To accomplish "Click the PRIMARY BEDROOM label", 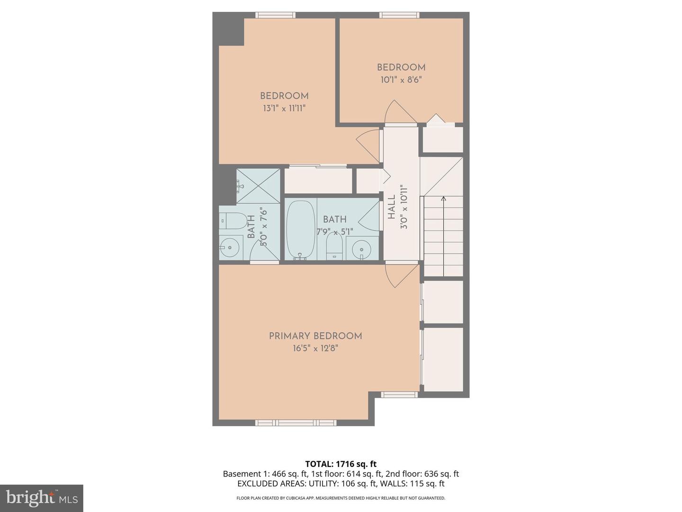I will click(x=315, y=336).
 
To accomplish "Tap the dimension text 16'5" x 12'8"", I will click(x=315, y=348).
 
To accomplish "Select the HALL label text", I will click(x=392, y=207).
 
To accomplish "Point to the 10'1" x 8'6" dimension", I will click(x=401, y=80).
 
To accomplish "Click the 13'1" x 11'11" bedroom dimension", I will click(x=284, y=109).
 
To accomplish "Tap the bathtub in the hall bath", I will click(x=300, y=230).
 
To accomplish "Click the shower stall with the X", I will click(x=259, y=186).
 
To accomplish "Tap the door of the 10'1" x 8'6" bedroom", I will click(x=395, y=112).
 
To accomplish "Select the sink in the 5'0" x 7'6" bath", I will click(x=230, y=247).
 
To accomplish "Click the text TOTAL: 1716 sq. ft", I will click(x=341, y=464).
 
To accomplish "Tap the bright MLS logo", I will click(x=42, y=498).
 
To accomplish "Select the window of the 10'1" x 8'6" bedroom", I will click(x=400, y=15).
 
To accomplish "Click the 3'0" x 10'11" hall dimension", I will click(x=404, y=207).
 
